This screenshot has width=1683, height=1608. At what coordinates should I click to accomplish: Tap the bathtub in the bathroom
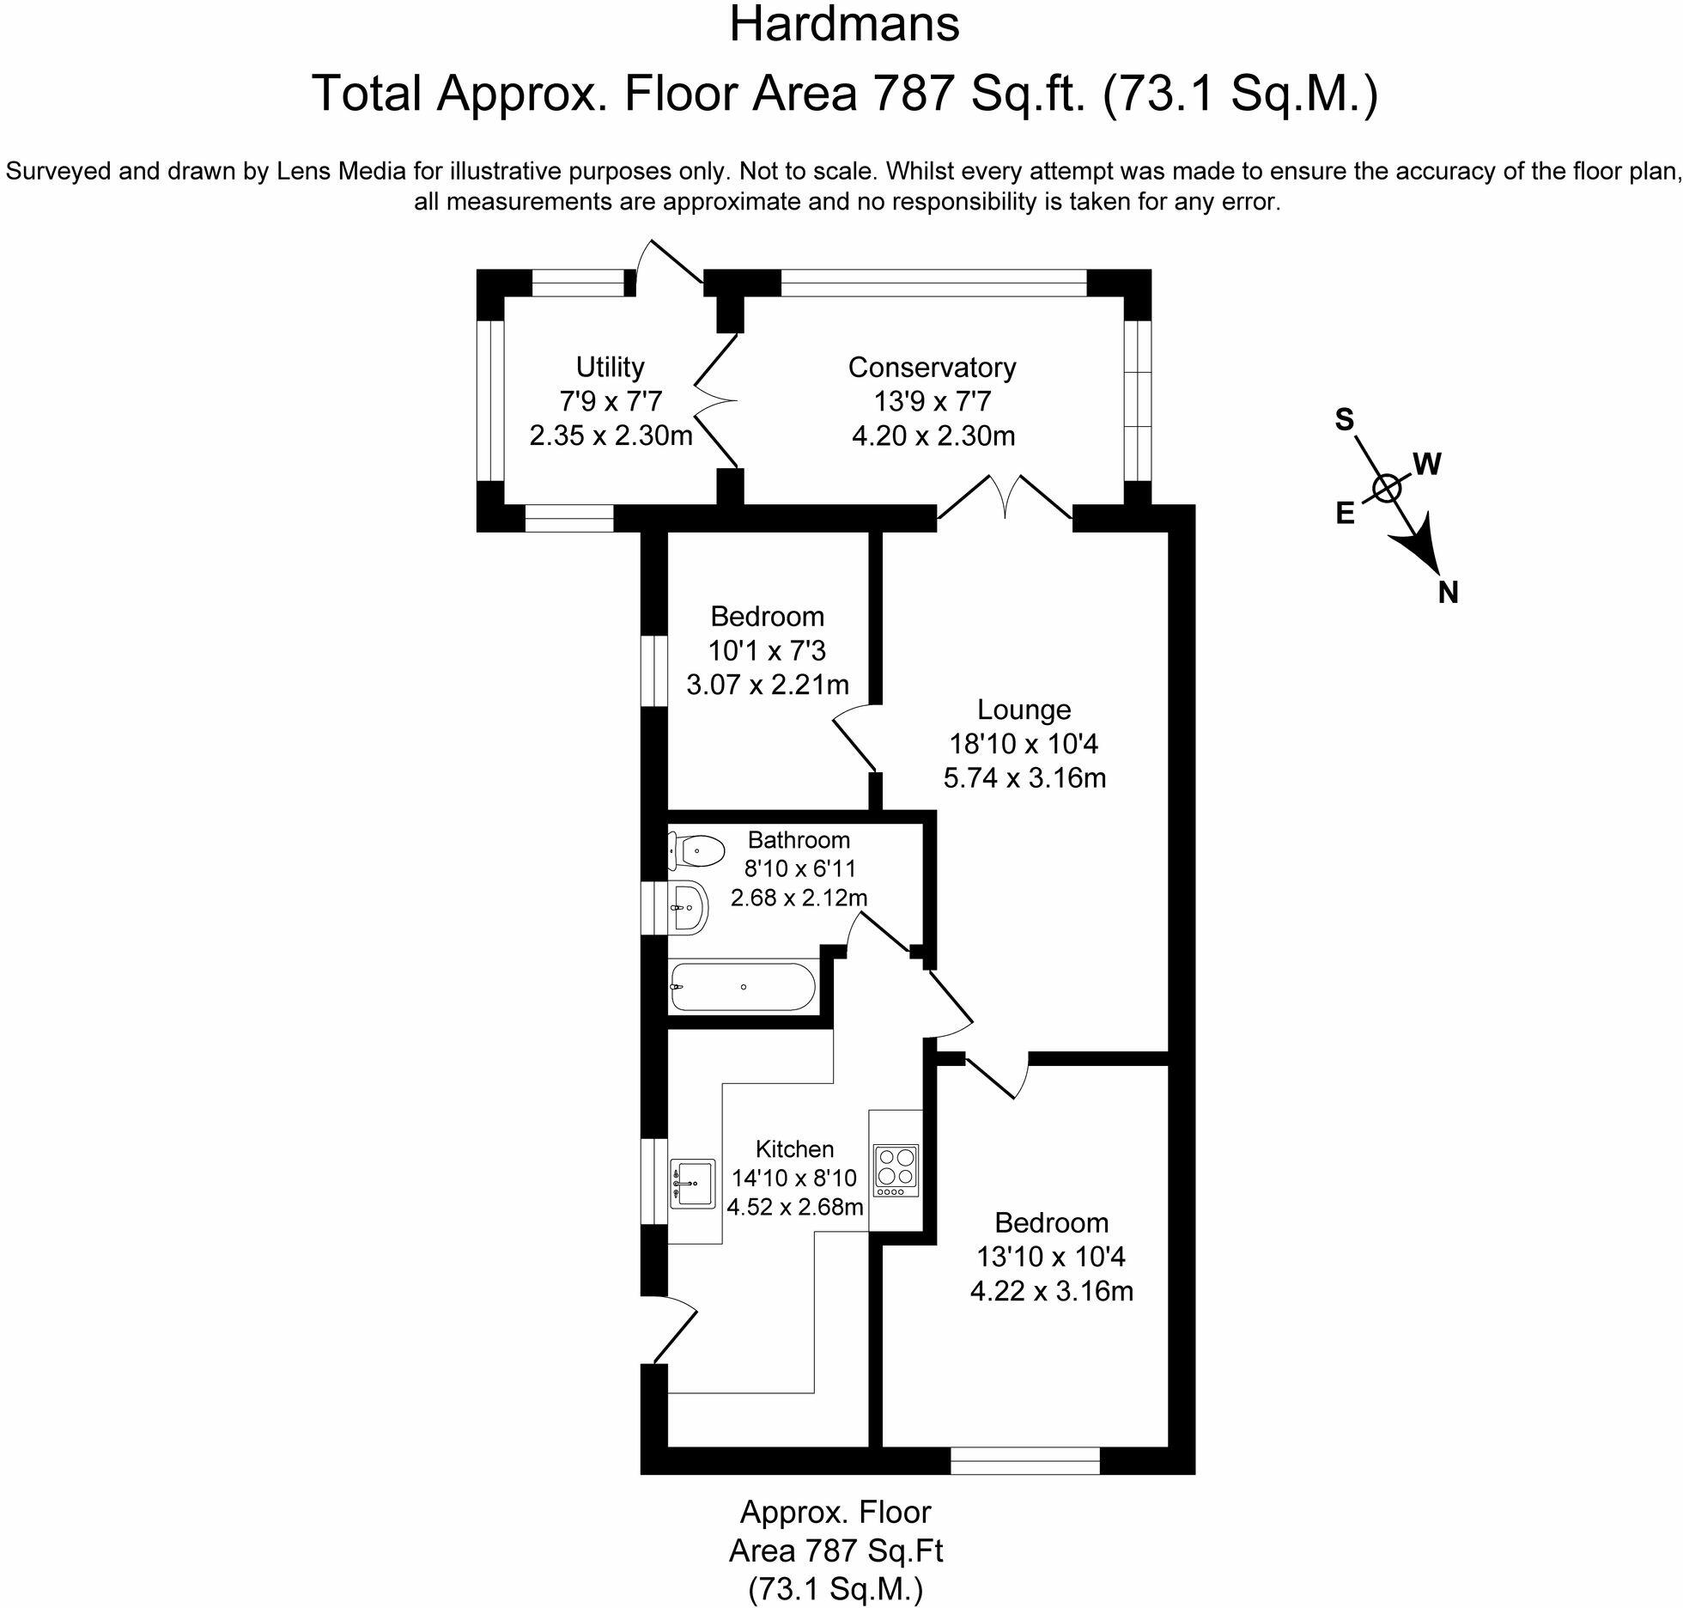(x=742, y=987)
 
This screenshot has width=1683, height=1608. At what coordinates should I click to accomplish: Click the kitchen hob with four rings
(x=896, y=1171)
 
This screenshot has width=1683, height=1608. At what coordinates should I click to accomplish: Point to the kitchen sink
(x=692, y=1184)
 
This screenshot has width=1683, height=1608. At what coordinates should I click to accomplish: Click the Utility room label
(x=610, y=368)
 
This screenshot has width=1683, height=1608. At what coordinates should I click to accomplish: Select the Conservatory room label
(x=932, y=368)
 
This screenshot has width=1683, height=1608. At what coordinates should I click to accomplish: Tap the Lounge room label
(x=1024, y=710)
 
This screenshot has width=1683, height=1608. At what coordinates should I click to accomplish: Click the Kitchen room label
(x=794, y=1149)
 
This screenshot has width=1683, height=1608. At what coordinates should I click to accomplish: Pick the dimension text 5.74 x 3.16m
(x=1024, y=779)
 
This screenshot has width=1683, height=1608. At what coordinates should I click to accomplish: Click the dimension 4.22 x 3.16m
(x=1051, y=1292)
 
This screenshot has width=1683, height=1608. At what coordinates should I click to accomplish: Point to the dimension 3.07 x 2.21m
(x=768, y=685)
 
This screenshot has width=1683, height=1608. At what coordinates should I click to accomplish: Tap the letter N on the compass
(x=1448, y=593)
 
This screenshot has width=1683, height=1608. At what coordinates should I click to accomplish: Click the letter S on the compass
(x=1344, y=420)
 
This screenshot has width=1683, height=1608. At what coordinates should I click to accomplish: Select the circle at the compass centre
(x=1387, y=488)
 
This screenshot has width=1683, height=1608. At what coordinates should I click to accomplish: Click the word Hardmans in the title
(x=844, y=24)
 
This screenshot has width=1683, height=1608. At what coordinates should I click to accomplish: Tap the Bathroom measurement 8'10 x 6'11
(x=799, y=869)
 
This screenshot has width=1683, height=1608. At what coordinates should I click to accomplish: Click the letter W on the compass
(x=1426, y=465)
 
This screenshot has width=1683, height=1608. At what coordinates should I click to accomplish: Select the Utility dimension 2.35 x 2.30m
(x=611, y=436)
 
